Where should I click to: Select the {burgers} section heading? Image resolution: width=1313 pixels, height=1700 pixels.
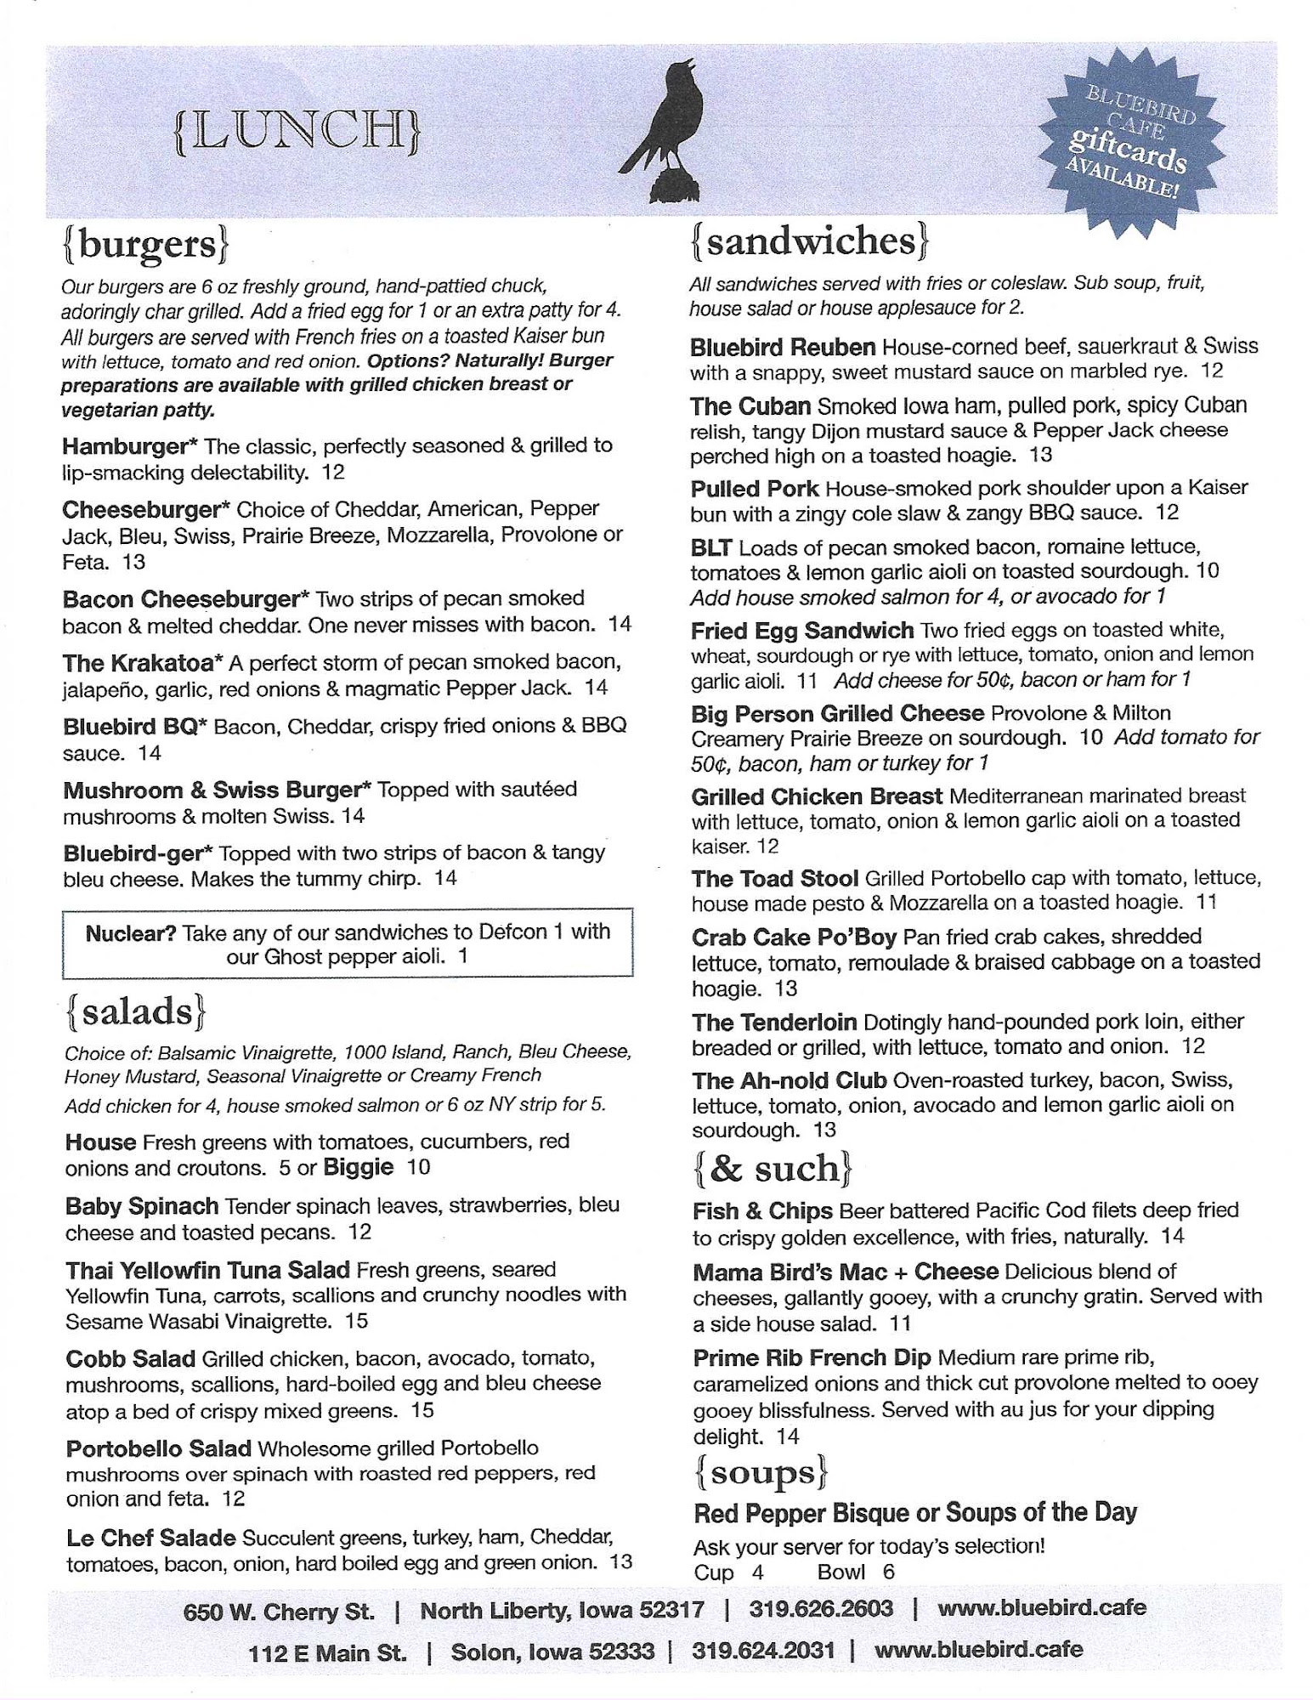(x=145, y=245)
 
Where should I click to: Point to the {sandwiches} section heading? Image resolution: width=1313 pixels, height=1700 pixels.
(x=809, y=241)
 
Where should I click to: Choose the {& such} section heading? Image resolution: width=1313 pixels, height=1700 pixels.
(x=772, y=1169)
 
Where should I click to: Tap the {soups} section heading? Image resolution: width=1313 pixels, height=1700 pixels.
(x=761, y=1472)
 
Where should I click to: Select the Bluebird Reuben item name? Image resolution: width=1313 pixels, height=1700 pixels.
(x=782, y=347)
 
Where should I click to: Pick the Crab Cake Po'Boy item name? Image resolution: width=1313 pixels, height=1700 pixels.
(x=794, y=937)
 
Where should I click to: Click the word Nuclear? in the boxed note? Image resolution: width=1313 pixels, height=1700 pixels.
(x=131, y=932)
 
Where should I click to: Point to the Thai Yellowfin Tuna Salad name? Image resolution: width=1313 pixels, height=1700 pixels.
(x=207, y=1270)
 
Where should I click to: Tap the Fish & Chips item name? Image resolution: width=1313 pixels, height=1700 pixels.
(x=762, y=1210)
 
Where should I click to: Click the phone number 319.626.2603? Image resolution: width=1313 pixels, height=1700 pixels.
(x=821, y=1608)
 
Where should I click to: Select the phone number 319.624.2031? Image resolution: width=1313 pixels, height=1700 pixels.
(x=763, y=1650)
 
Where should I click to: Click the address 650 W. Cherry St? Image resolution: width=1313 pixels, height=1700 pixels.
(x=279, y=1611)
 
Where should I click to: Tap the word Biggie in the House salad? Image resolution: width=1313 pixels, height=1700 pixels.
(x=358, y=1167)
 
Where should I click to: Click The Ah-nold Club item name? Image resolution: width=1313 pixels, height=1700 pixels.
(x=789, y=1080)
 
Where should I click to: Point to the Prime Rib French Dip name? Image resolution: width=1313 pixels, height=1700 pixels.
(x=812, y=1357)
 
